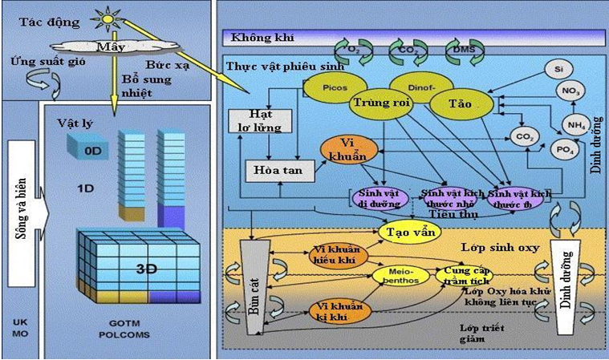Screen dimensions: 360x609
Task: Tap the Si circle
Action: click(x=558, y=70)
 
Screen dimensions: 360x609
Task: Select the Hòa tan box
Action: click(x=274, y=171)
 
